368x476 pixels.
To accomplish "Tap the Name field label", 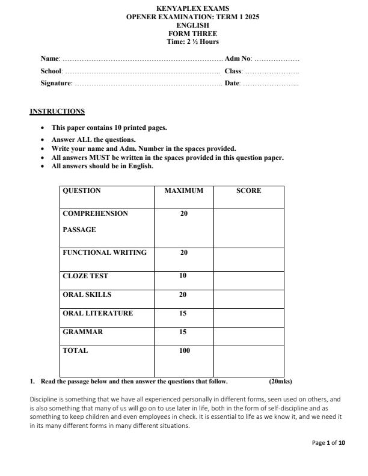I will point(50,59).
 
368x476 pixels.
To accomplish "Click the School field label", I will point(51,71).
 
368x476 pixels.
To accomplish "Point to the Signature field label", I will point(56,83).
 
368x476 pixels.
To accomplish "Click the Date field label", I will point(232,83).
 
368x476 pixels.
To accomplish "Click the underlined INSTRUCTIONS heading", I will point(57,111).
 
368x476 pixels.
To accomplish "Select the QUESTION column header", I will point(82,191).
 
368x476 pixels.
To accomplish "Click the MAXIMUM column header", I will point(183,191).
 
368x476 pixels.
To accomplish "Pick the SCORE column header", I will point(248,191).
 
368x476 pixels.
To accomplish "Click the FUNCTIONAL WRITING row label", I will point(105,252).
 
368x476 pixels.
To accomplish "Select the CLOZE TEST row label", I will point(85,276).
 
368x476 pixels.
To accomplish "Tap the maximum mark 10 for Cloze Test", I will point(183,276).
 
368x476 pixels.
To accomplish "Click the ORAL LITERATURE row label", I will point(97,313).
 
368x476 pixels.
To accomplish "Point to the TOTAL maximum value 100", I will point(184,350).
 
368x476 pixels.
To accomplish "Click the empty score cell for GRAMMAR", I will point(248,335).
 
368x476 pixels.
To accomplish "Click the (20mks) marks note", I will point(280,381).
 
